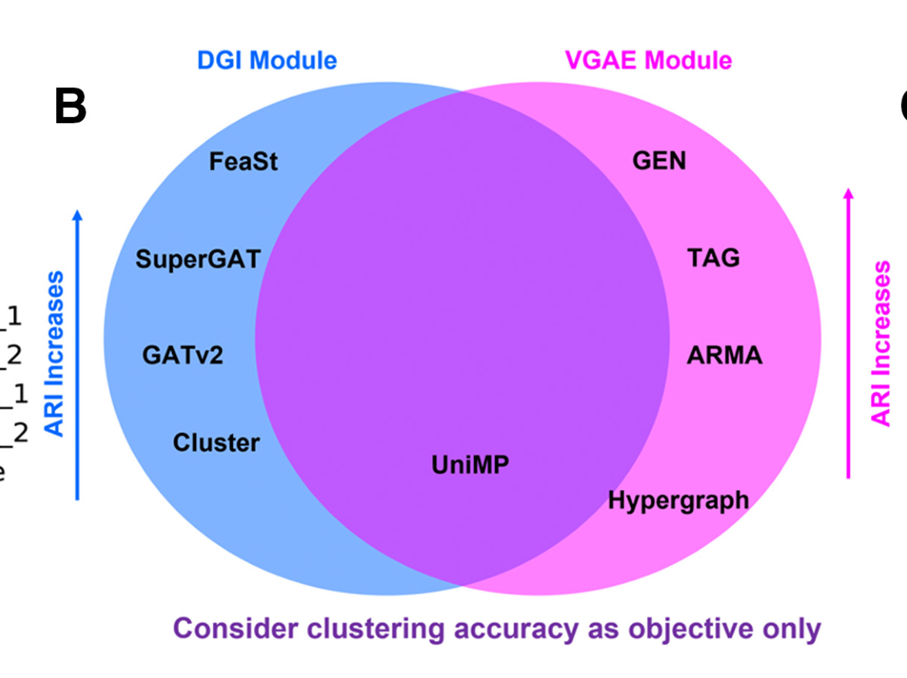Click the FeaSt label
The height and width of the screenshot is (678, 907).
(244, 162)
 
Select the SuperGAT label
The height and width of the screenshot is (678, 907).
(197, 259)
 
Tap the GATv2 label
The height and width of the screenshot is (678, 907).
(183, 355)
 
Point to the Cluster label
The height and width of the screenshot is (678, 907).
(216, 443)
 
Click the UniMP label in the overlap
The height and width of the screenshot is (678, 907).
(470, 465)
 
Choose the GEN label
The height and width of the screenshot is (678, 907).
(659, 160)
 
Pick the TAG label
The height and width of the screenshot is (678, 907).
(713, 257)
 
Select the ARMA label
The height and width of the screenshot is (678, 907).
(724, 355)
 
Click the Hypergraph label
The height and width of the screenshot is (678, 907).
(679, 500)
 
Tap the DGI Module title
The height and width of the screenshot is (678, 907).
(267, 60)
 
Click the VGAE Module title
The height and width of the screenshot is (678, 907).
(649, 60)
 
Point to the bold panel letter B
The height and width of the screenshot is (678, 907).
(70, 108)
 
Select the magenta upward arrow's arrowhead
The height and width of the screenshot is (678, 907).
(848, 195)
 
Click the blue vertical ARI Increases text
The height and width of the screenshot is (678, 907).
(54, 354)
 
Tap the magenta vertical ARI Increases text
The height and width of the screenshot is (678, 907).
(880, 344)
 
